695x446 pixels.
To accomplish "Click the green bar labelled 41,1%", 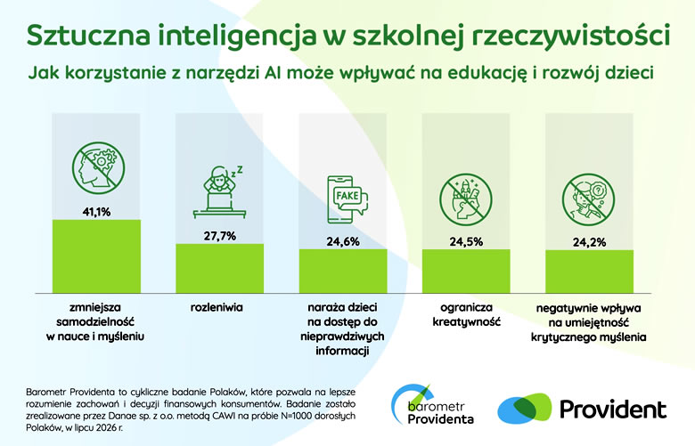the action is coord(96,256).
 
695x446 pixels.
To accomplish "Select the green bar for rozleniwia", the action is coord(219,268).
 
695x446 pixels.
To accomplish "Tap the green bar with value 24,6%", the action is coord(343,271).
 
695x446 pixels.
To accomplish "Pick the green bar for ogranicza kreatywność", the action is coord(466,271).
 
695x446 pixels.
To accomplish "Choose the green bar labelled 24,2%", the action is coord(589,271).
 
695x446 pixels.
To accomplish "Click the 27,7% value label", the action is coord(220,236).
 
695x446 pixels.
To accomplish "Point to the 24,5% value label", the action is coord(466,242).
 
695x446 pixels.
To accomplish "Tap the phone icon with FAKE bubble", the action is coord(347,199).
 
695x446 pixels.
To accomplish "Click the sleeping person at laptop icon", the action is coord(219,191).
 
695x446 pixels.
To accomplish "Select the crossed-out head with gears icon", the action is coord(98,167).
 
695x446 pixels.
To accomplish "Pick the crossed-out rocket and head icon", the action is coord(466,199).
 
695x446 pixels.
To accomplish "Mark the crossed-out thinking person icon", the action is coord(589,199).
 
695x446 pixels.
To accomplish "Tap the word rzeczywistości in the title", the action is coord(570,35).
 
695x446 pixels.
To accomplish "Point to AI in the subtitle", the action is coord(274,72).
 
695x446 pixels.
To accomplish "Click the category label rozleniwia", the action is coord(217,307).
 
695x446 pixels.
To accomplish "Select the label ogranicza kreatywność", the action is coord(466,314).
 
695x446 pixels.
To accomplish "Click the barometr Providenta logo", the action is coord(433,405).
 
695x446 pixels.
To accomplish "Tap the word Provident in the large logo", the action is coord(613,410).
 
